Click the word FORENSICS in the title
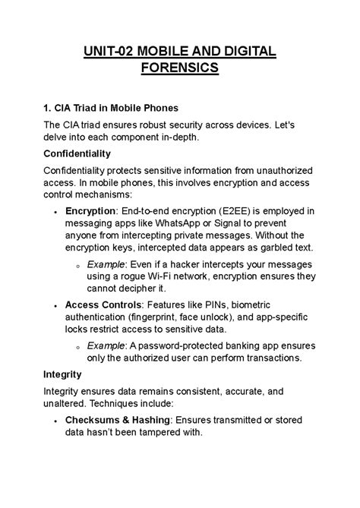[x=180, y=69]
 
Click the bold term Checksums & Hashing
[x=118, y=419]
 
